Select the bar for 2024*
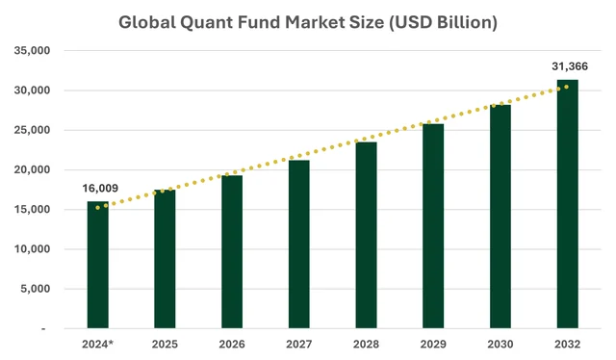point(98,265)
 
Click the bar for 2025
point(165,259)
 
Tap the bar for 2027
point(299,244)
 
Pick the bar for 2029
point(433,226)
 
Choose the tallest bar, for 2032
point(567,204)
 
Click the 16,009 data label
point(100,189)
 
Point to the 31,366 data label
point(570,66)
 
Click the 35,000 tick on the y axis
point(32,50)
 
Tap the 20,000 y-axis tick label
point(32,169)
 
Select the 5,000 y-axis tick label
point(36,289)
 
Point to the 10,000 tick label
point(32,248)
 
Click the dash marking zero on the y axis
point(43,328)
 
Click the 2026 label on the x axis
point(232,345)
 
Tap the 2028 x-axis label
point(366,345)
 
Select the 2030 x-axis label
point(500,345)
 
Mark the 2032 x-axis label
point(567,345)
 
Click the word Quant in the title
point(206,22)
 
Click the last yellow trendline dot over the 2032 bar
point(567,87)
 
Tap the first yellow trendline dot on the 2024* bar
point(97,208)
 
